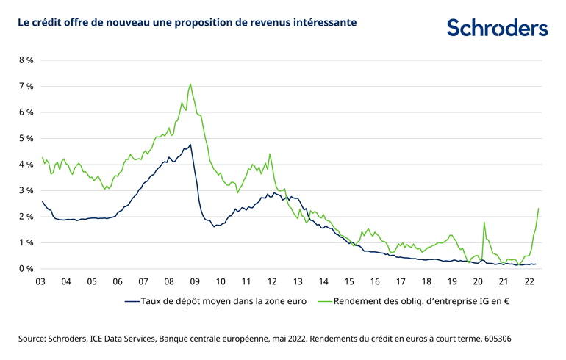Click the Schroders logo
(x=497, y=29)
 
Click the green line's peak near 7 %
(x=190, y=84)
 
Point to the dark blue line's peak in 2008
(x=190, y=145)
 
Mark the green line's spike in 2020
(x=484, y=223)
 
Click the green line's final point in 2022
(x=539, y=209)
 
